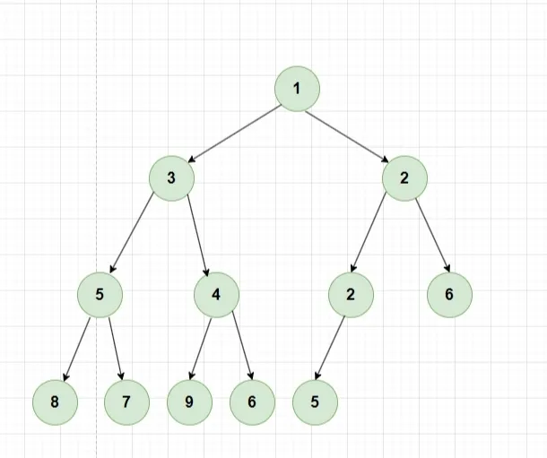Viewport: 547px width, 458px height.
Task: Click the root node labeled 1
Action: (297, 90)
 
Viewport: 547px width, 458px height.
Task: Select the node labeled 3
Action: (171, 177)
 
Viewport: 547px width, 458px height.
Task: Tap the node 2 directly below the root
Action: (404, 177)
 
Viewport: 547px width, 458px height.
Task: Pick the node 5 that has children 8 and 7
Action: (100, 295)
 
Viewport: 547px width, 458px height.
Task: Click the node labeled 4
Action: (216, 295)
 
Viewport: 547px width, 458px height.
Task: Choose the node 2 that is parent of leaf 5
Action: (351, 295)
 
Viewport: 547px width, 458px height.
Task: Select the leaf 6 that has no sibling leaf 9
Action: (449, 295)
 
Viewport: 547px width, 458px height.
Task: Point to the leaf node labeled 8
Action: (55, 402)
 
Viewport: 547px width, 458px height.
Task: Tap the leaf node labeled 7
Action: (126, 402)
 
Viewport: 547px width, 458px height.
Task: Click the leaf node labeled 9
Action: (189, 402)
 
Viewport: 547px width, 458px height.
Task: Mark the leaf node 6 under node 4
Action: (252, 402)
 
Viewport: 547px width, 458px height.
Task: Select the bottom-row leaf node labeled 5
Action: (315, 402)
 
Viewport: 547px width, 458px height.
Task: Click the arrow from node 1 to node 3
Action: (234, 134)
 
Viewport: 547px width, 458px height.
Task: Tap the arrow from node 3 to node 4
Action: (197, 236)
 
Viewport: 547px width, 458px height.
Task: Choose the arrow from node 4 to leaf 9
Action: (203, 349)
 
